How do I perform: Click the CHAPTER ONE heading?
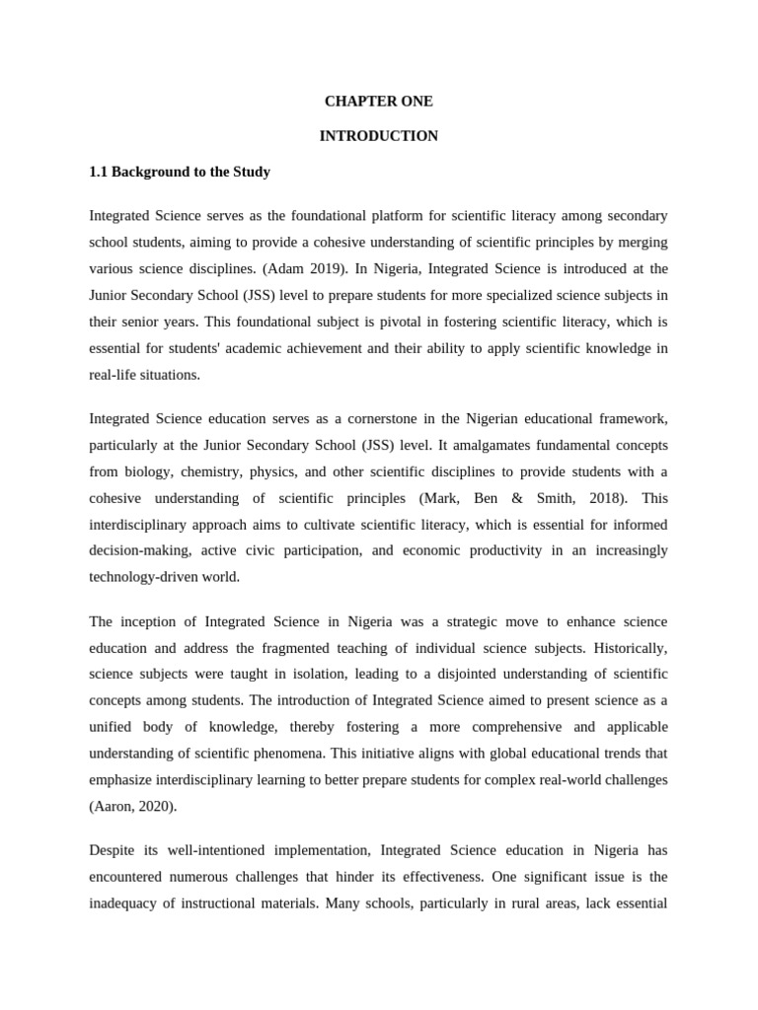pos(378,102)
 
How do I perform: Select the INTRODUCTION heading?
pos(378,136)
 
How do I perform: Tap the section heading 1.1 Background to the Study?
pos(180,172)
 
